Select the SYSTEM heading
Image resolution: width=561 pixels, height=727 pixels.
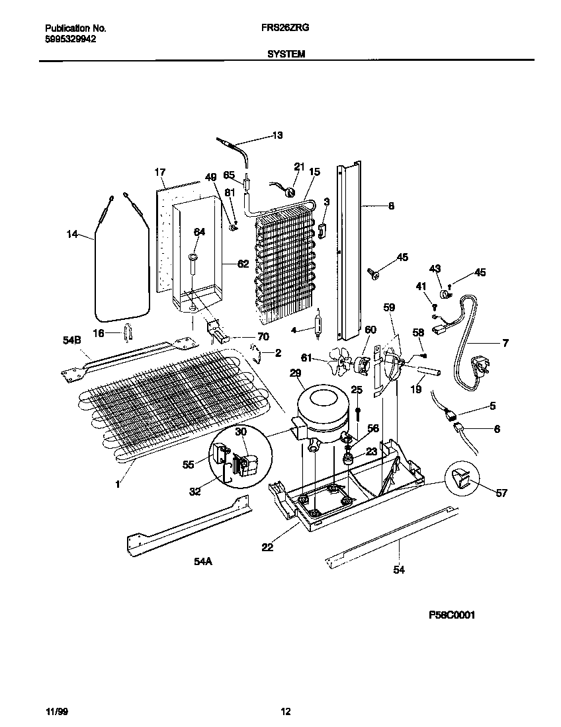coord(286,55)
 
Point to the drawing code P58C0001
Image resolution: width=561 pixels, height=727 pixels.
coord(452,615)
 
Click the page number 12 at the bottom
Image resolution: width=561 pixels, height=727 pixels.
coord(286,712)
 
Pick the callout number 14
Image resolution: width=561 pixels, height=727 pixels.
coord(72,233)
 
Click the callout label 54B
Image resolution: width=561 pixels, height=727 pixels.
coord(71,339)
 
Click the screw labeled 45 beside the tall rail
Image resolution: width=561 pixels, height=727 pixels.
coord(374,272)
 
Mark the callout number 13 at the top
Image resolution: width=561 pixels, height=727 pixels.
coord(277,135)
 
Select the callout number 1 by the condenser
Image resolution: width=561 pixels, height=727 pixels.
coord(118,484)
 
